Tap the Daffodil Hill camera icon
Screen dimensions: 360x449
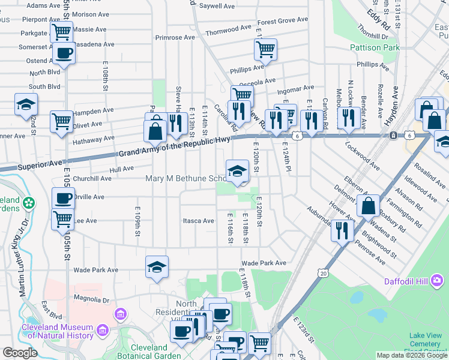click(x=437, y=280)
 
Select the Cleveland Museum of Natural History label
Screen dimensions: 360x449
click(x=57, y=331)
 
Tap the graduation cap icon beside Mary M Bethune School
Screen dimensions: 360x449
click(x=237, y=170)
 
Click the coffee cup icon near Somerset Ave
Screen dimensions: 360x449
click(x=63, y=52)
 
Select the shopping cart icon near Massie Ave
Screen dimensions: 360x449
click(x=61, y=32)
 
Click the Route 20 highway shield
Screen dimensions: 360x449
click(x=324, y=274)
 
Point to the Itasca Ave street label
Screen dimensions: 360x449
click(x=198, y=221)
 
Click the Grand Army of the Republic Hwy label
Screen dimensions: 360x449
click(x=174, y=146)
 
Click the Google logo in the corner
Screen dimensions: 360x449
click(x=20, y=353)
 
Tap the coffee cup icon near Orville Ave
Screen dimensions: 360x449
click(x=63, y=199)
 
